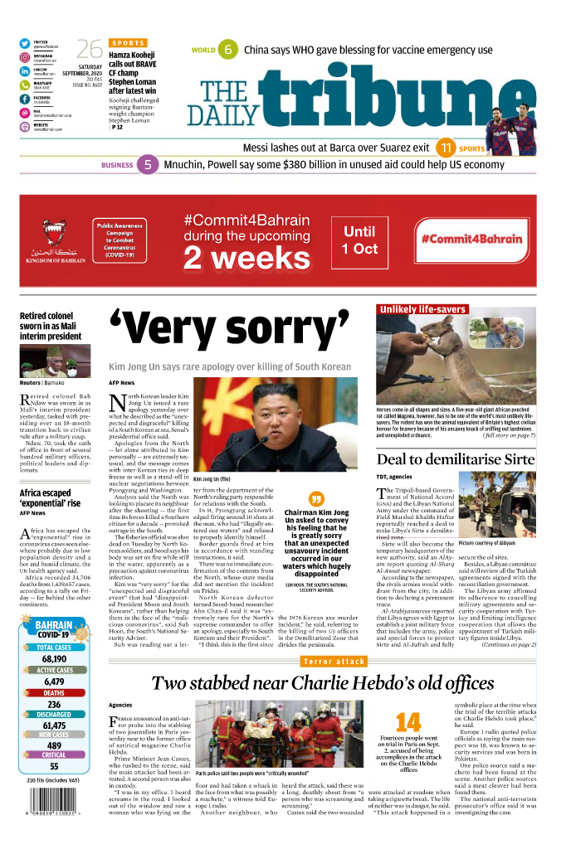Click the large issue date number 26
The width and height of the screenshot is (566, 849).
pos(89,49)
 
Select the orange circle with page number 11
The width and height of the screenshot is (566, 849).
pos(446,148)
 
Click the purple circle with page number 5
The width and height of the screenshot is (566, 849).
pos(147,165)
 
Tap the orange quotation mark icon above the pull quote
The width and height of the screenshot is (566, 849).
pos(315,499)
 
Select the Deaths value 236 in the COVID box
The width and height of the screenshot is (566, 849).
pos(54,704)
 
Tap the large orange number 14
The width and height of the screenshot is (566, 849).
pos(407,721)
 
